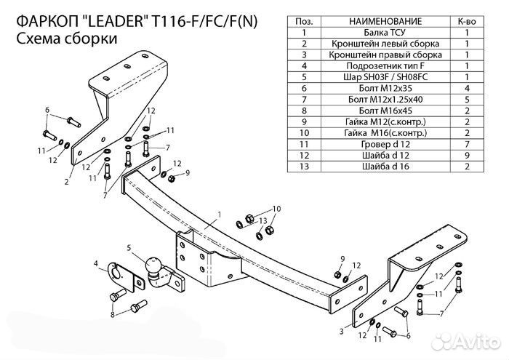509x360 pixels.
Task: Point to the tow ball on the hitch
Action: click(155, 268)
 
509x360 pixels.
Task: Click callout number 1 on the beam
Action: click(217, 214)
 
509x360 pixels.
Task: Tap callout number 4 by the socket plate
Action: click(95, 263)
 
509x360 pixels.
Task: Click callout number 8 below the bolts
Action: click(113, 315)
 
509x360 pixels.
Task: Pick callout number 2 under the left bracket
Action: click(66, 182)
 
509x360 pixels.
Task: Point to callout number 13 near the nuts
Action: click(264, 220)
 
